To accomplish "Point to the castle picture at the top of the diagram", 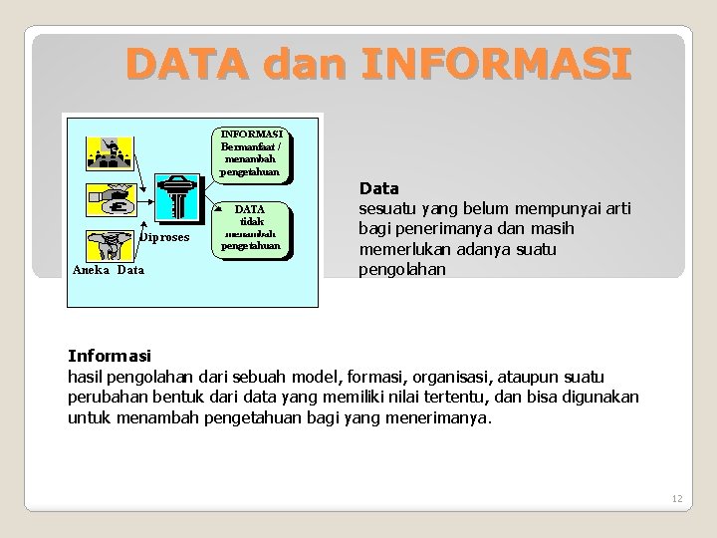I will pos(114,150).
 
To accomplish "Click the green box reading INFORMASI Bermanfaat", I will pos(252,152).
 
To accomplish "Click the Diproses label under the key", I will pos(164,238).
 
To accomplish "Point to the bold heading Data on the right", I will pos(379,188).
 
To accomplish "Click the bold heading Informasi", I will pos(109,355).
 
